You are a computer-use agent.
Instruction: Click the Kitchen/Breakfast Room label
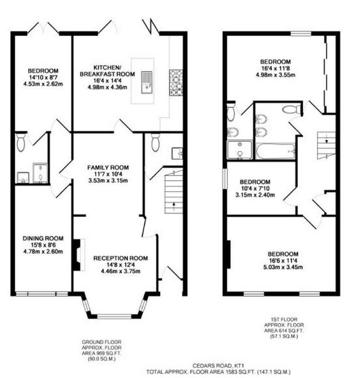[x=107, y=70]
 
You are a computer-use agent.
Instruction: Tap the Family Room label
[x=108, y=167]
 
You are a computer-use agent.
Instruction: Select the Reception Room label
[x=120, y=258]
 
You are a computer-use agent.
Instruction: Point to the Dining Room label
[x=43, y=239]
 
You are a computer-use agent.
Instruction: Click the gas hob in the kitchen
[x=176, y=83]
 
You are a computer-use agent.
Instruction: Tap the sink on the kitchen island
[x=146, y=82]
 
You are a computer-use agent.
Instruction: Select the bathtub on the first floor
[x=275, y=151]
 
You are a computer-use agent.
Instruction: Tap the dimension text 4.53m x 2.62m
[x=43, y=84]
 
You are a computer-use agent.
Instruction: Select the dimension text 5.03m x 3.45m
[x=283, y=267]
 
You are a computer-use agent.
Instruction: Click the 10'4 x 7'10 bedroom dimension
[x=255, y=188]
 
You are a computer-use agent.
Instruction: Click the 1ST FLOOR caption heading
[x=284, y=319]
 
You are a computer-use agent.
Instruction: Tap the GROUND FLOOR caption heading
[x=102, y=342]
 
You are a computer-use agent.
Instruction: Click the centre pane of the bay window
[x=114, y=316]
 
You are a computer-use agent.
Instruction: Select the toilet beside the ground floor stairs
[x=155, y=143]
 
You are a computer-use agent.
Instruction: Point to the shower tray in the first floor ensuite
[x=240, y=150]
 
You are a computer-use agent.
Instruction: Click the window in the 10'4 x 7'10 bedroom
[x=225, y=179]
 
